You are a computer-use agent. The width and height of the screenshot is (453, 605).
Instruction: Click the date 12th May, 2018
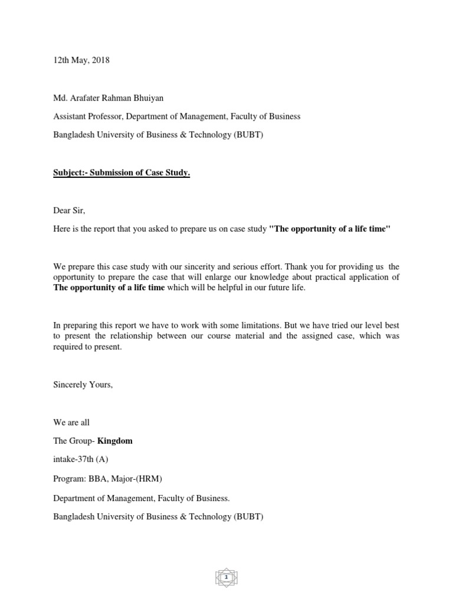coord(81,60)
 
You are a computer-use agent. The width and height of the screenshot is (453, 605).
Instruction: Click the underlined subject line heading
coord(122,173)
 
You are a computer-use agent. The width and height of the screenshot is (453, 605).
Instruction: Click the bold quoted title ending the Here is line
coord(330,229)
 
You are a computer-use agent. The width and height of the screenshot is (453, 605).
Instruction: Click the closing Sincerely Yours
coord(83,385)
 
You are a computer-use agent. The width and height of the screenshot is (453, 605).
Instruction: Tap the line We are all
coord(71,422)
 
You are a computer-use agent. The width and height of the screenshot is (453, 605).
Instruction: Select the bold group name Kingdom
coord(115,441)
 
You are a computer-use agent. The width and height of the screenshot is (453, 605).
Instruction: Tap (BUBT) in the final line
coord(250,516)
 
